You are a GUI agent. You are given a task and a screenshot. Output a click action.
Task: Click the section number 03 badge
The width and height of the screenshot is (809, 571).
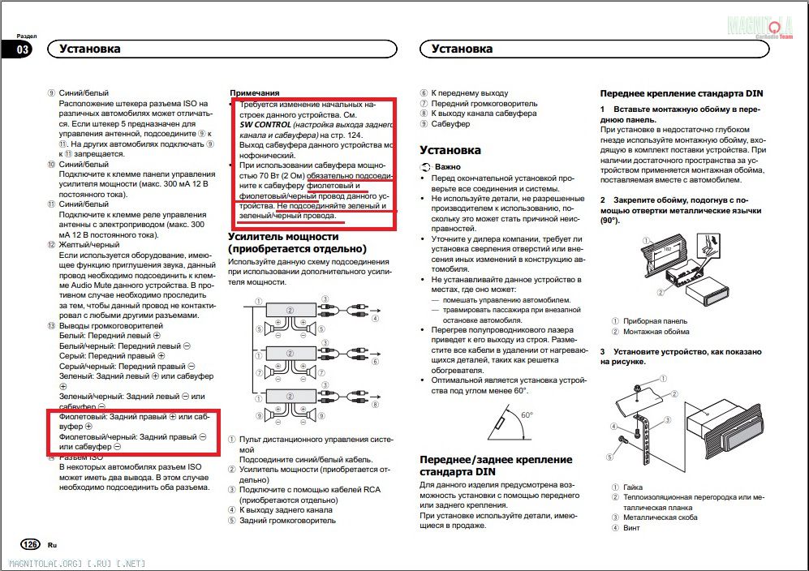click(22, 49)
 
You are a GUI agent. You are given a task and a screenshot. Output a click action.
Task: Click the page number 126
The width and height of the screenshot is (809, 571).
click(29, 543)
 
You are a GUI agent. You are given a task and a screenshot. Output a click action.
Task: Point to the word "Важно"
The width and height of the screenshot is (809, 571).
click(447, 165)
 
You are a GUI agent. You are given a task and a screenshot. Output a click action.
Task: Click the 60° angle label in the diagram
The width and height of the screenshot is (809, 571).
click(527, 414)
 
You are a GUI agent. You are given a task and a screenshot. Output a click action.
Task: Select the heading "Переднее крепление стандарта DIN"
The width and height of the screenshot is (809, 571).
click(681, 93)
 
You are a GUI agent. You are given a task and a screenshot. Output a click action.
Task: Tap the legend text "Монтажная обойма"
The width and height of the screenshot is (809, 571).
click(656, 332)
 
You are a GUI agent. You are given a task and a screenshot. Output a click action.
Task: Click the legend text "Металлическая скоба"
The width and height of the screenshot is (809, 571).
click(660, 517)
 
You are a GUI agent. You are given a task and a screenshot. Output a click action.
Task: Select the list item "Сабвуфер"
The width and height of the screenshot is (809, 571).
click(450, 124)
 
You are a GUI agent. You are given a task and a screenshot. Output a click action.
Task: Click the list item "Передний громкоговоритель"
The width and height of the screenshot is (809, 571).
click(484, 104)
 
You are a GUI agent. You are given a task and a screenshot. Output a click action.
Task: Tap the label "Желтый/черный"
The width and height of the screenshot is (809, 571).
click(89, 244)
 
